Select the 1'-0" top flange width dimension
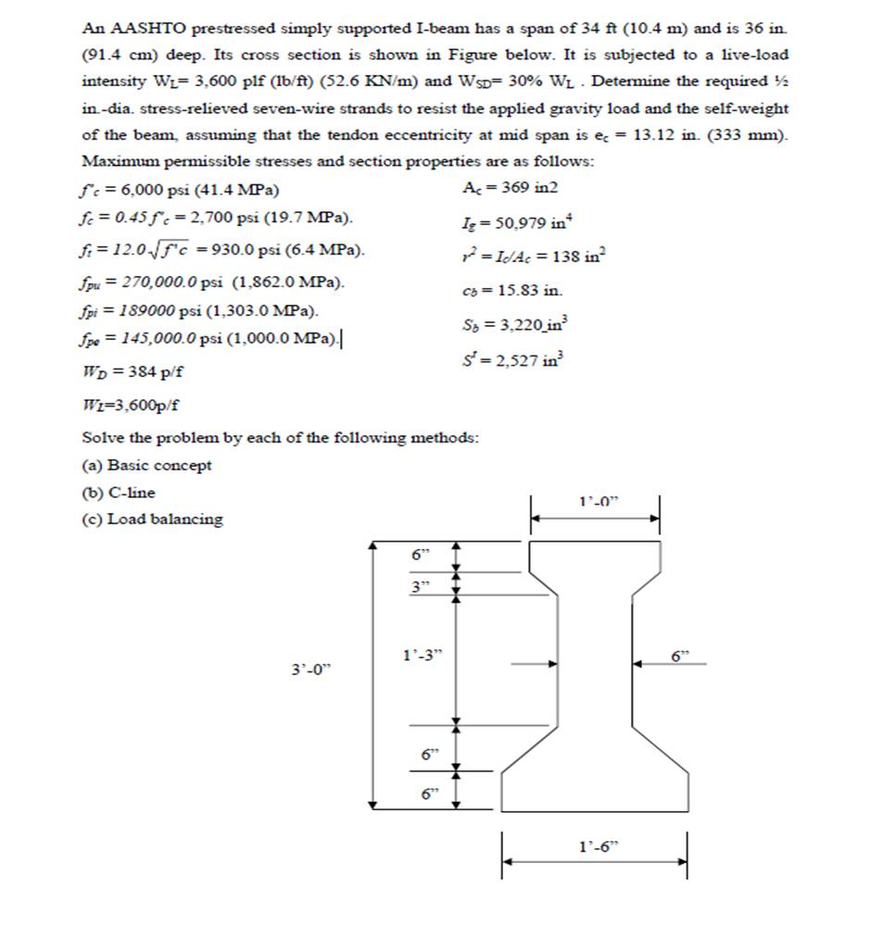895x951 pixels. (598, 501)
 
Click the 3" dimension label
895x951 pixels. (422, 586)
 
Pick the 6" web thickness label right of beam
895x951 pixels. (681, 656)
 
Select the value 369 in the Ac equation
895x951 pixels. (516, 188)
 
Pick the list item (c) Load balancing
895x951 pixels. (152, 519)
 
